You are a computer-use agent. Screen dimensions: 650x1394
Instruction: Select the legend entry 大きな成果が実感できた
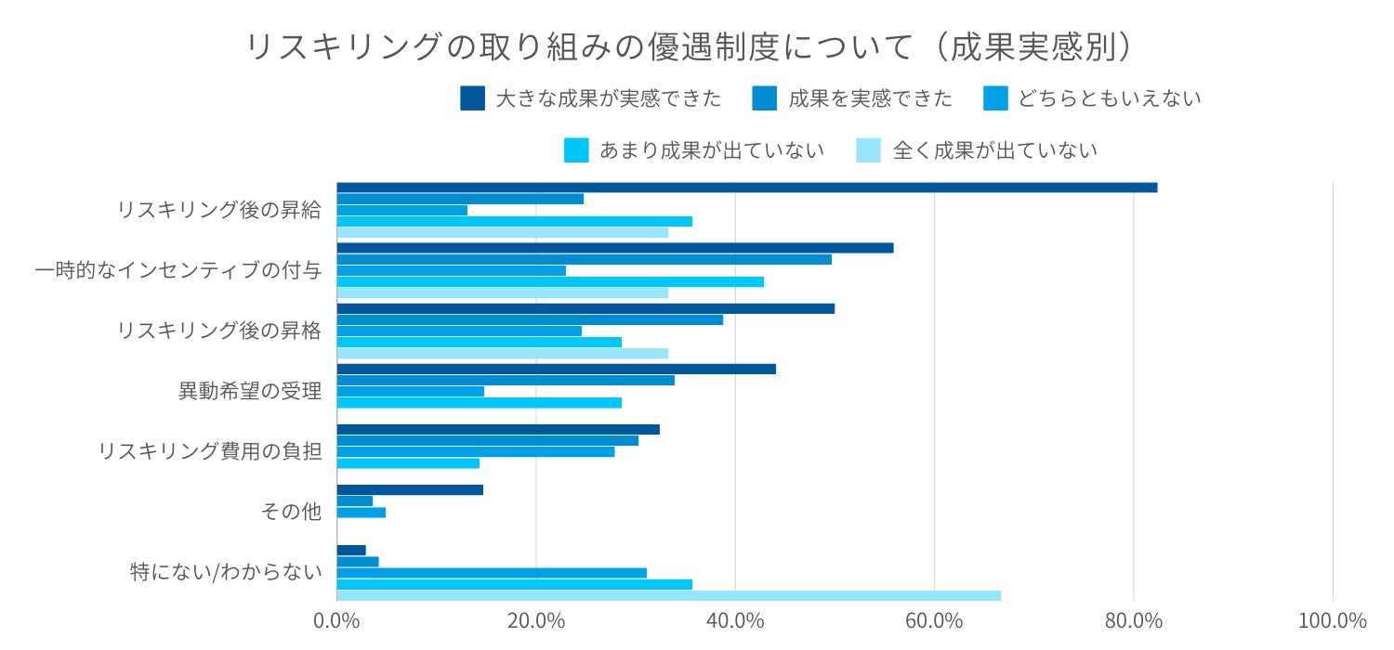point(591,98)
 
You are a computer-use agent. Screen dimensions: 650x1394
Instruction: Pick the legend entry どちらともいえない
point(1093,98)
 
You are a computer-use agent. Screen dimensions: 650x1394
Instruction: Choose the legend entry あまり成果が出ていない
point(695,149)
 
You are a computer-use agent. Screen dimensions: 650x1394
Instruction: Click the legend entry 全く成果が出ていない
point(977,149)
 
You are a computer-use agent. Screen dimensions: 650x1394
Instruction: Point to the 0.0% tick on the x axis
point(336,620)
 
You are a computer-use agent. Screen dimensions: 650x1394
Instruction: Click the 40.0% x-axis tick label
point(735,620)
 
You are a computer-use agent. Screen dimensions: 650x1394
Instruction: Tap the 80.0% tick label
point(1134,620)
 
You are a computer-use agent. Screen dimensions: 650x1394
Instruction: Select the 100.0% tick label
point(1333,620)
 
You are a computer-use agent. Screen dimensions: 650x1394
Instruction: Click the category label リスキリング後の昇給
point(219,210)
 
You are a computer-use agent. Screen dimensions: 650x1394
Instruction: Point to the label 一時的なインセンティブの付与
point(178,270)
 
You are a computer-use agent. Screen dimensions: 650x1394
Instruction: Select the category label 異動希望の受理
point(250,391)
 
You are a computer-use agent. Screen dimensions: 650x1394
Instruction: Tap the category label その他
point(293,512)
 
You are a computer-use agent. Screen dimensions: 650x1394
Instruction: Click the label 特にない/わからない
point(227,572)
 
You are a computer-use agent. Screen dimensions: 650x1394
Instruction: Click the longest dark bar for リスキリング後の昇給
point(746,188)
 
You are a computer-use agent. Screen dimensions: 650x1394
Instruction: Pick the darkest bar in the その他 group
point(410,489)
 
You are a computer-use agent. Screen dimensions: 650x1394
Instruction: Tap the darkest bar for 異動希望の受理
point(556,369)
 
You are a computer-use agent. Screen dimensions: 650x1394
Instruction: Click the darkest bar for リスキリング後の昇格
point(585,308)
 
